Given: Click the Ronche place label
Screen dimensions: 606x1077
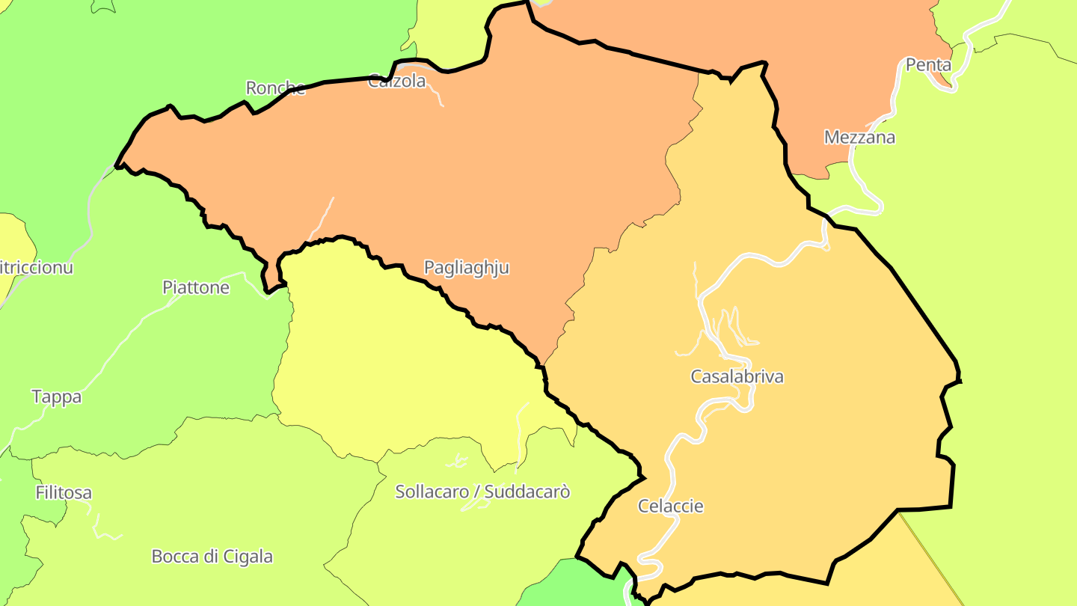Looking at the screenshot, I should tap(275, 88).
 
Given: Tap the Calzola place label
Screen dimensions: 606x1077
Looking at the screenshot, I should tap(396, 82).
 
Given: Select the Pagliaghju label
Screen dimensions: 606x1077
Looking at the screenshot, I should tap(466, 267).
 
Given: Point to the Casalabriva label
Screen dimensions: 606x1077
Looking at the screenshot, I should tap(737, 376).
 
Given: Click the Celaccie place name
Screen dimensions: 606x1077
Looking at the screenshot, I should tap(670, 506).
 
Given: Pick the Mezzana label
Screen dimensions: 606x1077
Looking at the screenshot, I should tap(859, 138).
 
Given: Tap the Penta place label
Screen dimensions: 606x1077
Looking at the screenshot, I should tap(928, 65).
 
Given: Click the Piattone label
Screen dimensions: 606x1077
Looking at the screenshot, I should tap(196, 287).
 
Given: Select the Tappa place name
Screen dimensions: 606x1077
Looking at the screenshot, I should tap(56, 397).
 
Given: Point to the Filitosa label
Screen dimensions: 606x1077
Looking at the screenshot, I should tap(64, 493).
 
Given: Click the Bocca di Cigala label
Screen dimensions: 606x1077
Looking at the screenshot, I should tap(212, 557).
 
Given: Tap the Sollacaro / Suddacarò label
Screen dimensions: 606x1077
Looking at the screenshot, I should tap(482, 492).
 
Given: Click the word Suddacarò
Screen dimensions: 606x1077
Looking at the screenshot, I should tap(527, 492).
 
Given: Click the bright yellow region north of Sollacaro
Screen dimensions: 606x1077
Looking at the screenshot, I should tap(389, 359).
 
